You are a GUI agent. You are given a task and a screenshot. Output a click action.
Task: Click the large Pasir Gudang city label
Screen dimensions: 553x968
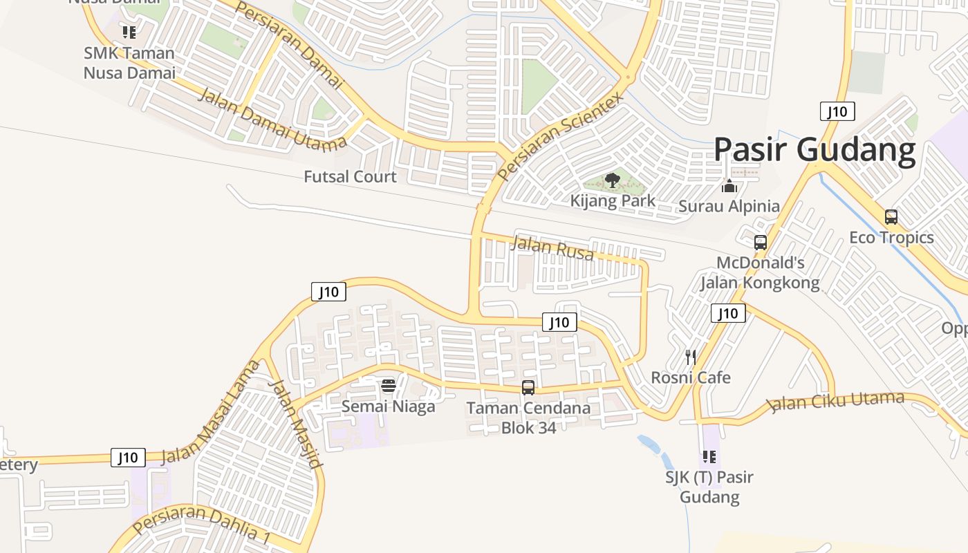pyautogui.click(x=814, y=149)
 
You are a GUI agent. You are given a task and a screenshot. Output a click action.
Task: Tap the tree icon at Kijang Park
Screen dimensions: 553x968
pyautogui.click(x=612, y=181)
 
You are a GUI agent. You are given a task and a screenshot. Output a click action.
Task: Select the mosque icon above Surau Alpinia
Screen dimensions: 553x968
pyautogui.click(x=729, y=185)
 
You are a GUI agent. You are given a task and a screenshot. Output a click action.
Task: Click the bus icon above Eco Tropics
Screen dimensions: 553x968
pyautogui.click(x=891, y=217)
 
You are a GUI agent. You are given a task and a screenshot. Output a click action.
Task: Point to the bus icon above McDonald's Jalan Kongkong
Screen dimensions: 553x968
pyautogui.click(x=761, y=243)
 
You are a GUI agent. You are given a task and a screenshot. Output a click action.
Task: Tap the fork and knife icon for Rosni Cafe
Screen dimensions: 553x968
pyautogui.click(x=690, y=357)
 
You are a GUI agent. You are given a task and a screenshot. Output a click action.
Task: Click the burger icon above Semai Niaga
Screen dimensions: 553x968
pyautogui.click(x=389, y=385)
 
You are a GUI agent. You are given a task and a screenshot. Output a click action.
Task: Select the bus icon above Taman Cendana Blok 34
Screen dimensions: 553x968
pyautogui.click(x=528, y=388)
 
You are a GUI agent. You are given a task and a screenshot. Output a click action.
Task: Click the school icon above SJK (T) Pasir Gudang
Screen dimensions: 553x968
pyautogui.click(x=709, y=456)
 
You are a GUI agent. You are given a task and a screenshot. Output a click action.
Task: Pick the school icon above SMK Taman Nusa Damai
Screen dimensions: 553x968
pyautogui.click(x=129, y=32)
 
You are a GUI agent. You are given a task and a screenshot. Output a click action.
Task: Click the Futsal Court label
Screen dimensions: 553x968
pyautogui.click(x=350, y=177)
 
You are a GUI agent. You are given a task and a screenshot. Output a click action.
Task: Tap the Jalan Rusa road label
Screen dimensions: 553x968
pyautogui.click(x=552, y=247)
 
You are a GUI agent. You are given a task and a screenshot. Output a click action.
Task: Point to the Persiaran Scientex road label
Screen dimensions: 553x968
pyautogui.click(x=560, y=135)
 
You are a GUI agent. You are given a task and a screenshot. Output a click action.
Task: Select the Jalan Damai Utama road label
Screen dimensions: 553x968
pyautogui.click(x=272, y=120)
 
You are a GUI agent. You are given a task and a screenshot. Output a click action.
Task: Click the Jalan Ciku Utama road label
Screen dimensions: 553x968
pyautogui.click(x=837, y=401)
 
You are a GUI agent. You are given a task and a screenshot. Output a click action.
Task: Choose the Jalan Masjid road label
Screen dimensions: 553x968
pyautogui.click(x=296, y=424)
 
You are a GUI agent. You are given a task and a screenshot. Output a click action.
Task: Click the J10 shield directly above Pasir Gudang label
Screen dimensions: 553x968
pyautogui.click(x=837, y=111)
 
